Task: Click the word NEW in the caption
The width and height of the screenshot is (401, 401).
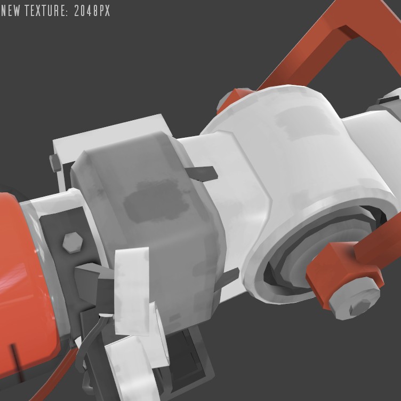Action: (11, 11)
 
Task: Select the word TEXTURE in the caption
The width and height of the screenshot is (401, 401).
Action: (45, 11)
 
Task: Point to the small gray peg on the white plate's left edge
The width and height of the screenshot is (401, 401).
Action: (55, 162)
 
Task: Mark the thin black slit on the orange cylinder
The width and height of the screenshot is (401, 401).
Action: (18, 364)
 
